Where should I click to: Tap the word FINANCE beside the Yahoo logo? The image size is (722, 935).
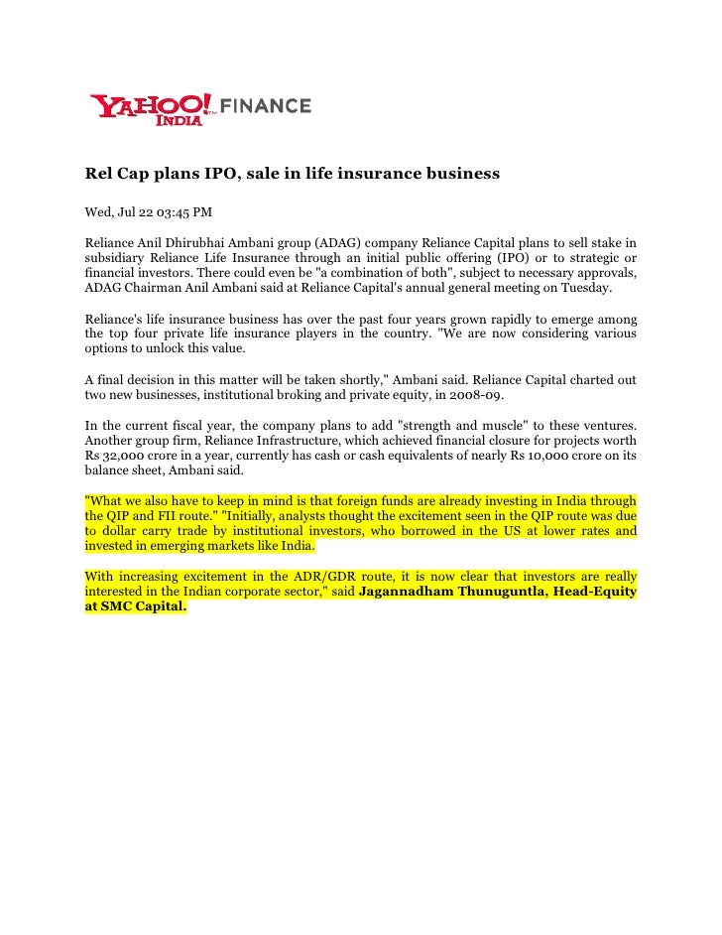pos(265,106)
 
